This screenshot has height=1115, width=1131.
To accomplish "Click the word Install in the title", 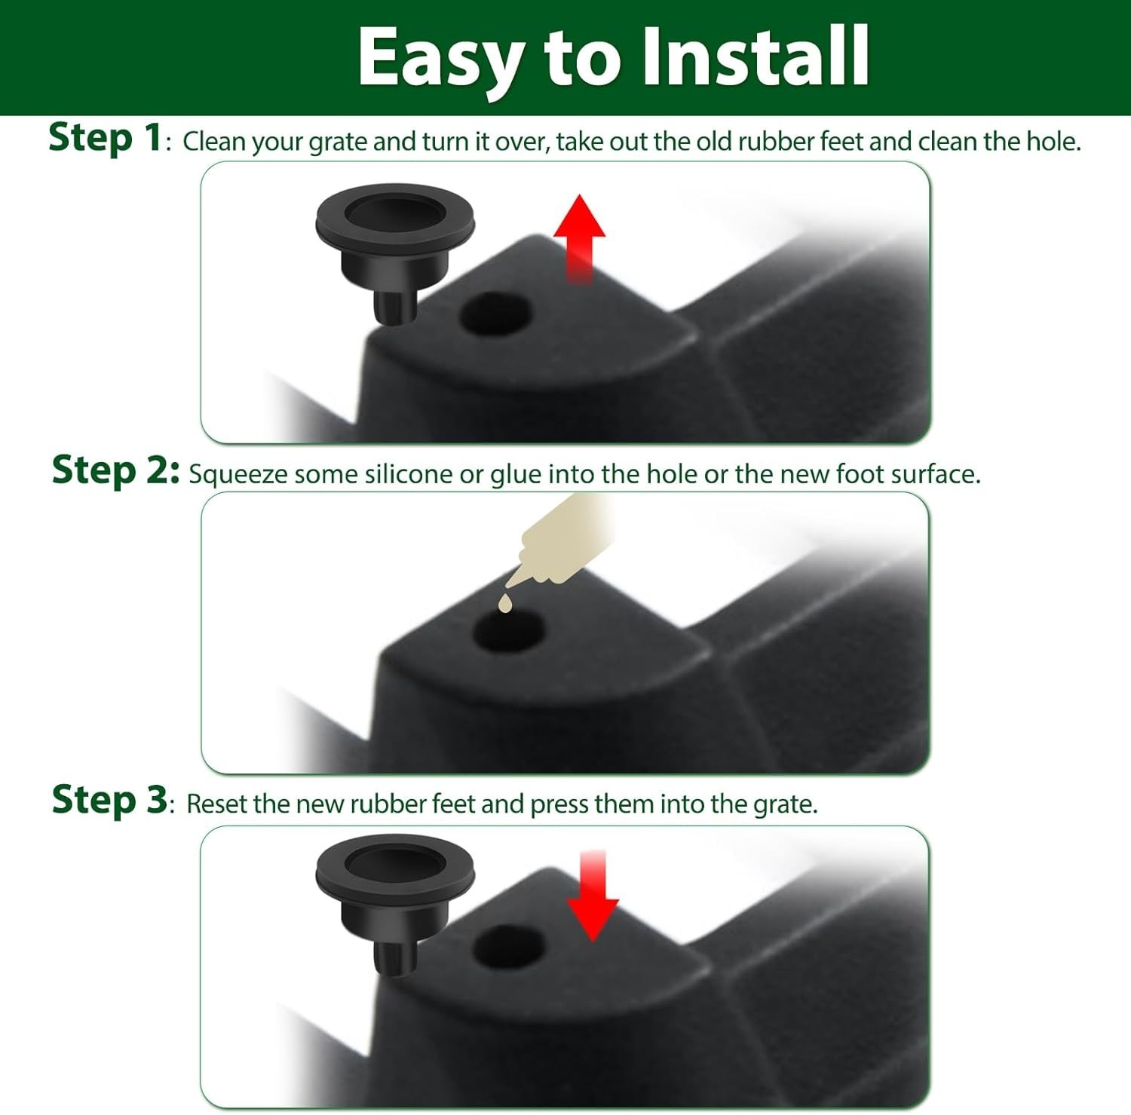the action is [756, 56].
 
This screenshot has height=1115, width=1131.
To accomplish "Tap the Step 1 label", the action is [105, 138].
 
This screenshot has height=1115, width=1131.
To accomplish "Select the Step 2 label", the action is [115, 470].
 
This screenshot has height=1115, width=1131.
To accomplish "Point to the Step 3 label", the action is [109, 800].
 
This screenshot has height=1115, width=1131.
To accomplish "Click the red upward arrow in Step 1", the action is [579, 238].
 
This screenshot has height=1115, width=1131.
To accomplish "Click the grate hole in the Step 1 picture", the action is [495, 314].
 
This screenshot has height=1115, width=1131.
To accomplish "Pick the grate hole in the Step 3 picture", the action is [510, 946].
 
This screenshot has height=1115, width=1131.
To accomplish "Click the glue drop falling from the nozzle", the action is [504, 603].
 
